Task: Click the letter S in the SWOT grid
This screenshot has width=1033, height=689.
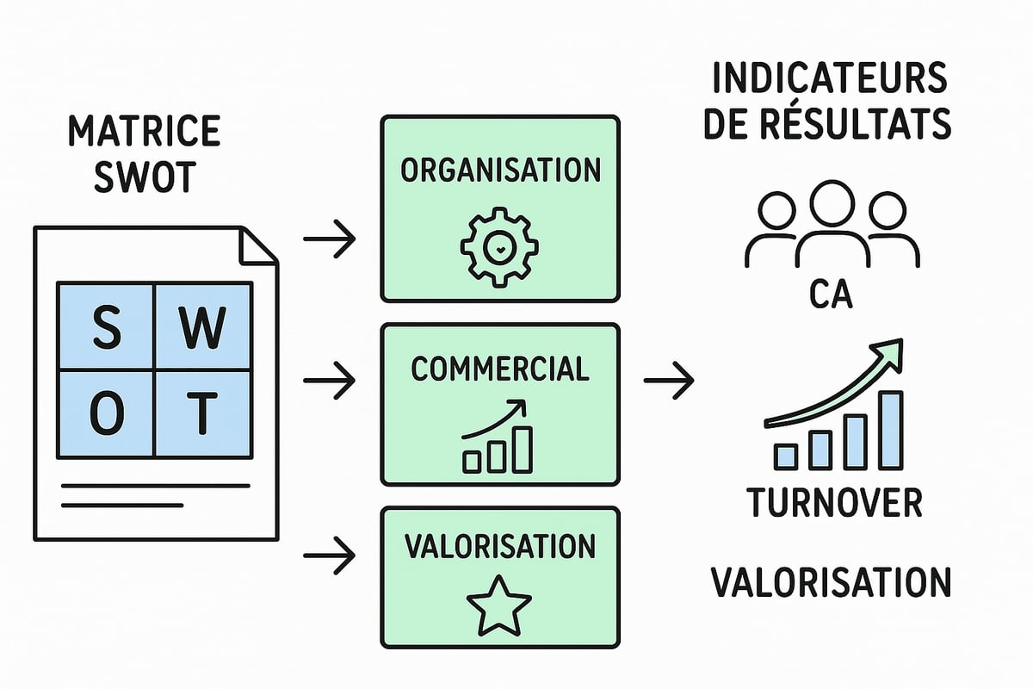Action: coord(106,329)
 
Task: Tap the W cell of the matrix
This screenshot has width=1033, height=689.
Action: coord(203,329)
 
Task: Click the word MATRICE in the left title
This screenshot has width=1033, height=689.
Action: coord(144,133)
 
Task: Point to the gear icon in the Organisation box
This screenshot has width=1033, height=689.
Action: coord(499,245)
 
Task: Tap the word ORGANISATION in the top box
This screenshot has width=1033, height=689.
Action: coord(499,170)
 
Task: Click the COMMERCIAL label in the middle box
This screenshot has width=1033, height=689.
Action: coord(499,369)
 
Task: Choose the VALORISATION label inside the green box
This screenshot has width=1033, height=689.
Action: coord(499,546)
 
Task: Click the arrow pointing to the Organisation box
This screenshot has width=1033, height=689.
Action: coord(330,240)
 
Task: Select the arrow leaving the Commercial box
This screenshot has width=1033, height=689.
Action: coord(668,377)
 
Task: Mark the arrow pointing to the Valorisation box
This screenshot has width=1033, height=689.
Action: coord(330,556)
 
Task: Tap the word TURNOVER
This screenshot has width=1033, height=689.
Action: coord(833,502)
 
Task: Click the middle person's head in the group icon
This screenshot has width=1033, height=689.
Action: coord(832,203)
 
